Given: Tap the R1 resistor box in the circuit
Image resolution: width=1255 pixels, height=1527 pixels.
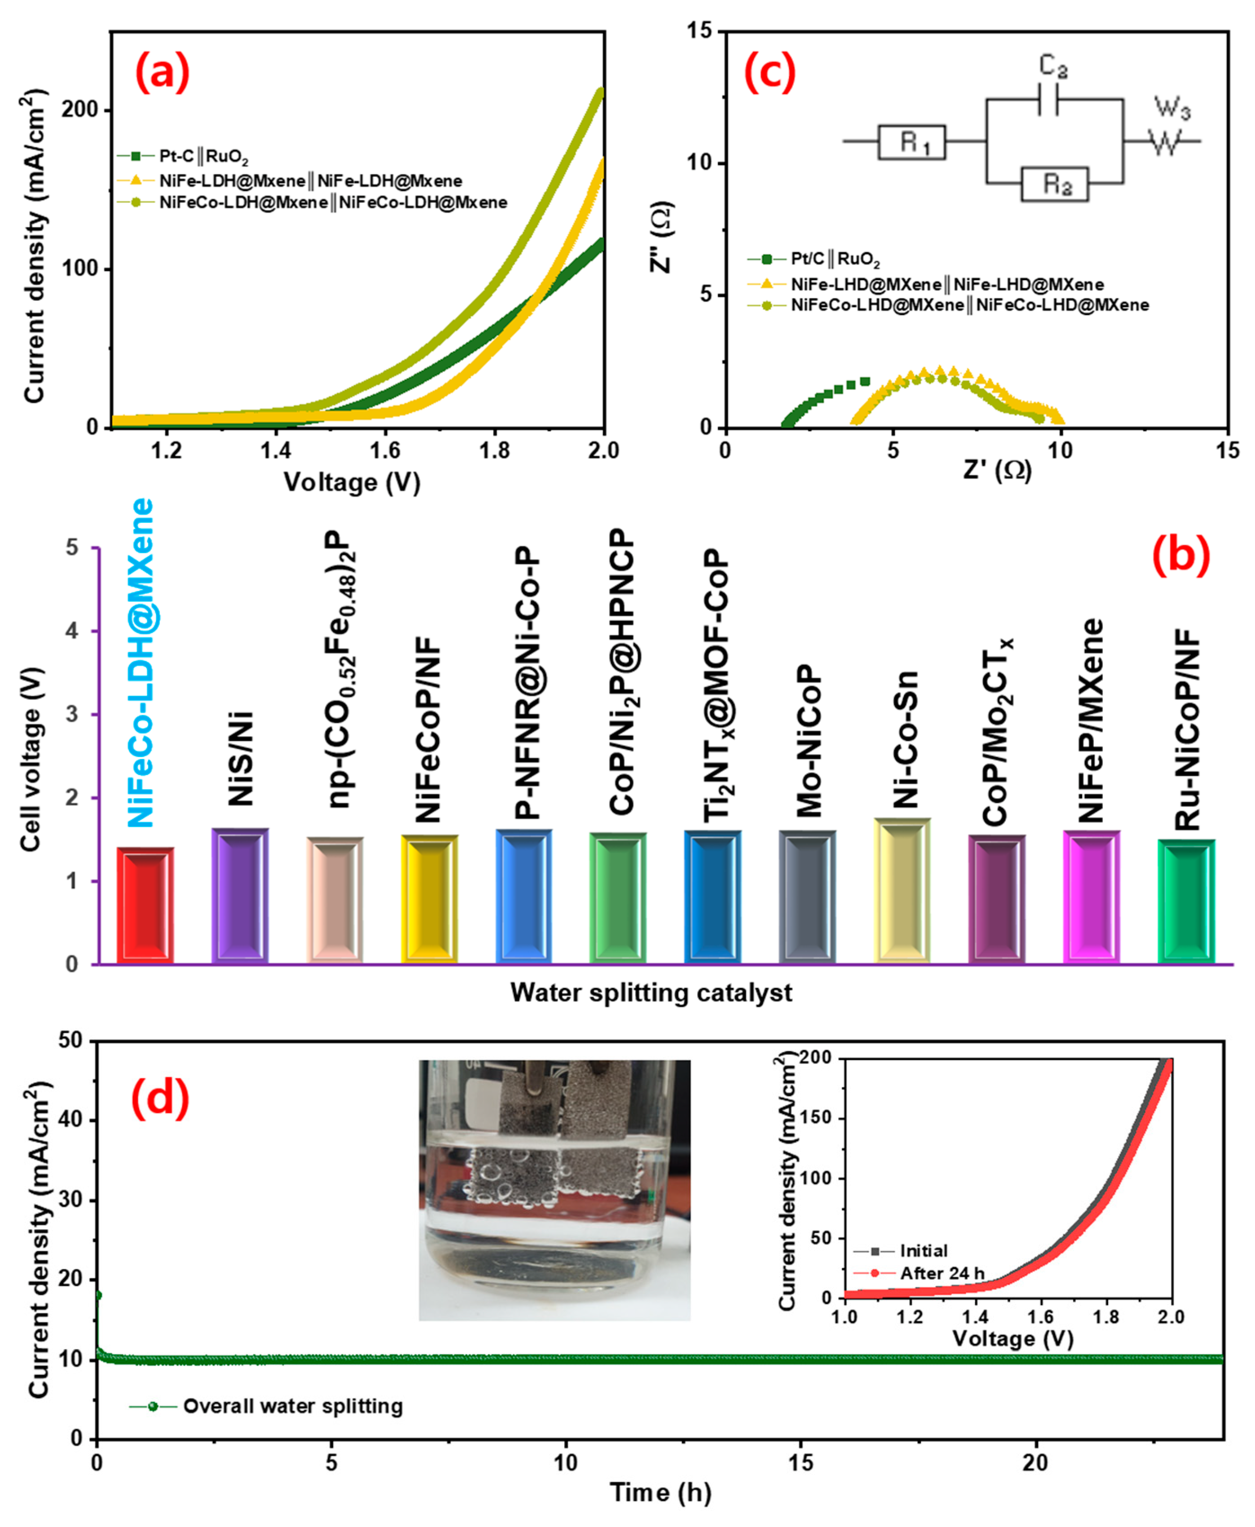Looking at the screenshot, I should click(x=912, y=142).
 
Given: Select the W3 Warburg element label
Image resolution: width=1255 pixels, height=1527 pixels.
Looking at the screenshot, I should click(x=1171, y=108).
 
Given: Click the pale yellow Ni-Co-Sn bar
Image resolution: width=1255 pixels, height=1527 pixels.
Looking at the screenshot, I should click(x=902, y=891).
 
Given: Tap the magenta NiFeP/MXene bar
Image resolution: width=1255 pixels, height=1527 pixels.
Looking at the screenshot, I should click(x=1091, y=896).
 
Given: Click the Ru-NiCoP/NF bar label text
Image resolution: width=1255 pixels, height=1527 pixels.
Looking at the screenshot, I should click(x=1187, y=730).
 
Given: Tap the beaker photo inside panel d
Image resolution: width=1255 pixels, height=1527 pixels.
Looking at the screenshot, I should click(x=554, y=1190).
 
